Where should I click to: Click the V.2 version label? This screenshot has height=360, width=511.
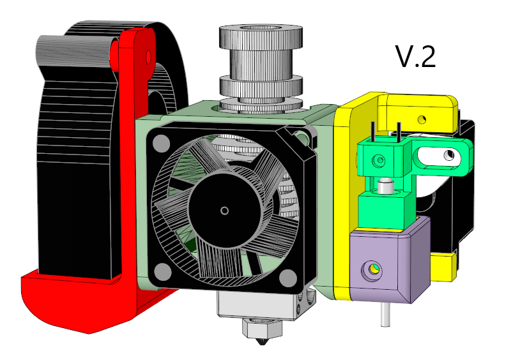click(x=416, y=57)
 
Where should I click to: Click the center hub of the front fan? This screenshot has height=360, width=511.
click(x=225, y=211)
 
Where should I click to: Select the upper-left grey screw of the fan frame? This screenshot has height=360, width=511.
click(x=161, y=143)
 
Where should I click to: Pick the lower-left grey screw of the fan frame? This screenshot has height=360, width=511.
click(x=162, y=272)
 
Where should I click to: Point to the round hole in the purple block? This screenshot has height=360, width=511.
click(x=372, y=271)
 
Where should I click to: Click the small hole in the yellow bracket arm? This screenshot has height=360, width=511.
click(x=422, y=119)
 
